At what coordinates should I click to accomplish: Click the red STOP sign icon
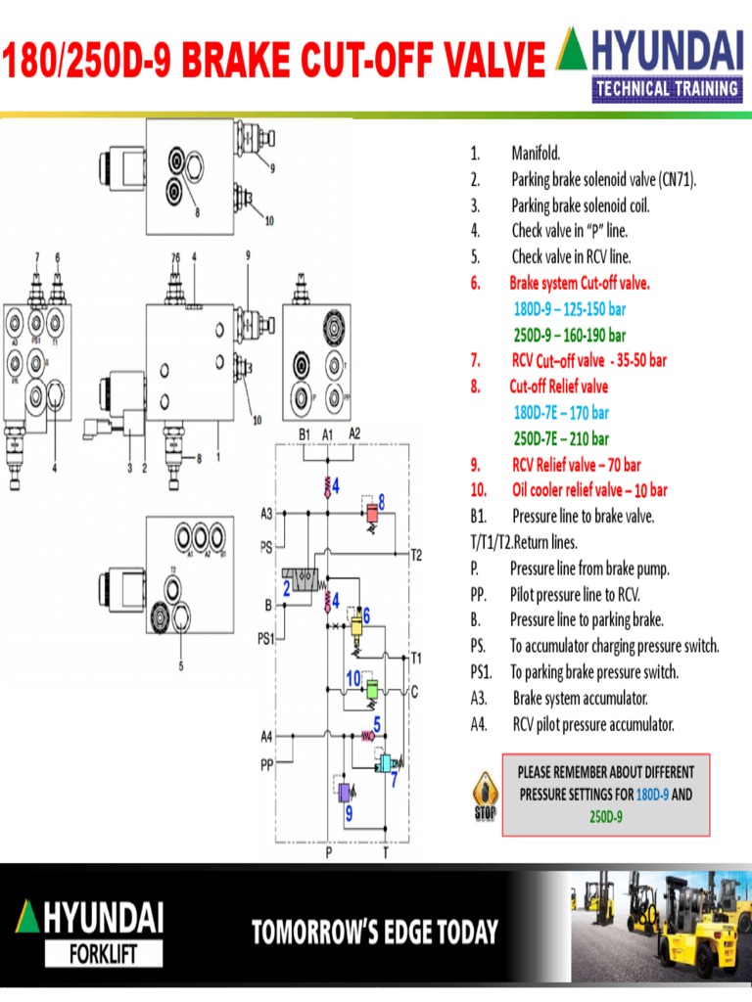485,796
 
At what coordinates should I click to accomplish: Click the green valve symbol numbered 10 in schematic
371,690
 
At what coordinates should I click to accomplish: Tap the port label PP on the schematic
266,766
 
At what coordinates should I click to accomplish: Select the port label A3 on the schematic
266,513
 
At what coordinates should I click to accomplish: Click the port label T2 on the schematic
416,555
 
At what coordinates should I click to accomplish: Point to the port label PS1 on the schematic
265,639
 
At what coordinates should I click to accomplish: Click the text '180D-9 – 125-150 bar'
569,309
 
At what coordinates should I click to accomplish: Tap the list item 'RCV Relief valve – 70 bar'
576,465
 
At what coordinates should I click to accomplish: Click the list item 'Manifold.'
536,154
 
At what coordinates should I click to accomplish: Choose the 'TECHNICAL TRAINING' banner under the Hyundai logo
665,89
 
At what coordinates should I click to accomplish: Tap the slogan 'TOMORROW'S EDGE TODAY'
375,933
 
